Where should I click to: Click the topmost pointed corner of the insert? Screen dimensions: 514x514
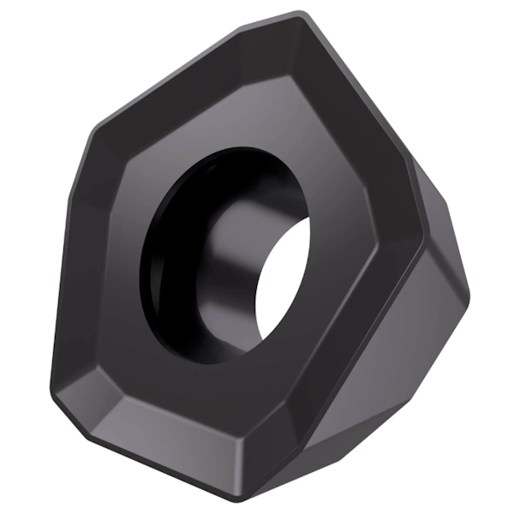(x=299, y=15)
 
